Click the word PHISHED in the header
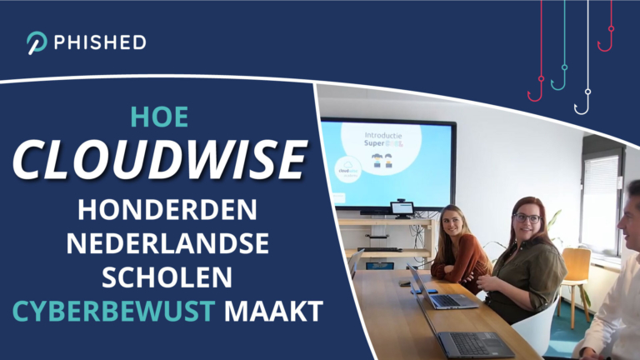coord(99,42)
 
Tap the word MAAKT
coord(272,312)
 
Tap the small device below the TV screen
coord(402,208)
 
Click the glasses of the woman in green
coord(527,218)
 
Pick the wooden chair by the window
coord(574,275)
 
